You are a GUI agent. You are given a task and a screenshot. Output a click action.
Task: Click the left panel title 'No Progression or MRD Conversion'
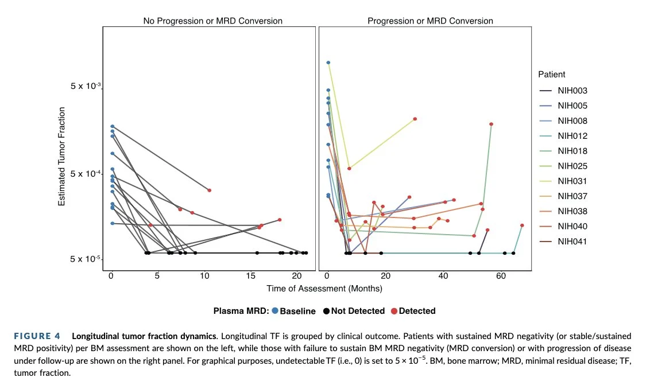click(212, 21)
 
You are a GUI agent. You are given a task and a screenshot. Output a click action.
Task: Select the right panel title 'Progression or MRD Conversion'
click(430, 21)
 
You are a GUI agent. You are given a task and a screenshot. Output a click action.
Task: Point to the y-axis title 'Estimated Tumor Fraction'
click(61, 157)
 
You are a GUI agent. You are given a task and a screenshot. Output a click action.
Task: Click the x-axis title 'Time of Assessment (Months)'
click(324, 288)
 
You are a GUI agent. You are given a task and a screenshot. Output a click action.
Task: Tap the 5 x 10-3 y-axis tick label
click(86, 87)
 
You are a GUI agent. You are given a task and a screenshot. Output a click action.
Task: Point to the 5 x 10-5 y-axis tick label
click(86, 259)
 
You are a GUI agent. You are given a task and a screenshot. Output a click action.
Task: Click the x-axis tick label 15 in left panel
click(250, 276)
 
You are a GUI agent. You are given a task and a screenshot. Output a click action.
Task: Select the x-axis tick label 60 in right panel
click(501, 276)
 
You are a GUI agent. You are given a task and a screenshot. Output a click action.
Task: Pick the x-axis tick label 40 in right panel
click(443, 276)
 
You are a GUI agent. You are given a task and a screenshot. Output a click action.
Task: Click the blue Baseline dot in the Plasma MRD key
click(275, 311)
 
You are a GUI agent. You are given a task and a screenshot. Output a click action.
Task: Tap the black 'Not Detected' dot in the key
click(326, 311)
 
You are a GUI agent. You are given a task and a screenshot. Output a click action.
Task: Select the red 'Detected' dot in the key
click(394, 311)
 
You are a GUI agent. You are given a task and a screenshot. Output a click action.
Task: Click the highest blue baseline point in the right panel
click(328, 63)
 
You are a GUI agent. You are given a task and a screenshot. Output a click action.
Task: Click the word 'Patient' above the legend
click(551, 75)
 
